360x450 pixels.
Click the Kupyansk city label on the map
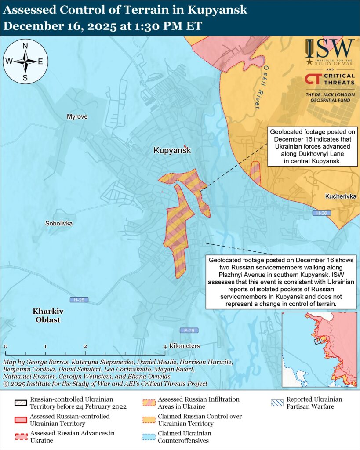click(x=172, y=150)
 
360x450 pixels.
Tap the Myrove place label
click(x=77, y=117)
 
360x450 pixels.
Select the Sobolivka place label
click(x=59, y=224)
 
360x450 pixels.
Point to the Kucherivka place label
click(x=341, y=196)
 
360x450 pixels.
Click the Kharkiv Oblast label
click(x=48, y=315)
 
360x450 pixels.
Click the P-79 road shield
click(x=186, y=330)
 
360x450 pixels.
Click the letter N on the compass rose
click(x=25, y=46)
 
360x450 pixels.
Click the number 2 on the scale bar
click(x=85, y=346)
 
